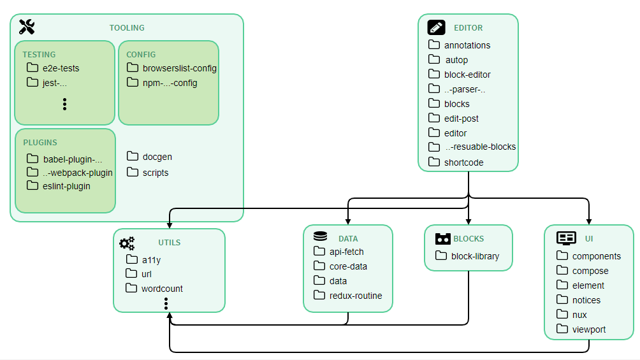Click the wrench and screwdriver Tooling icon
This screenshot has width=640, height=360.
pos(27,27)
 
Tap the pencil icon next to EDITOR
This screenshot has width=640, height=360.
pos(436,27)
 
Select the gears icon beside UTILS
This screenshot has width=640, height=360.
pos(127,243)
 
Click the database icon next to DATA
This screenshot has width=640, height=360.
pos(321,236)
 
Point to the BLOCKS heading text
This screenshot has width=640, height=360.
pos(469,239)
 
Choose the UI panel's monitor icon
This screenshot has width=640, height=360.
pos(566,238)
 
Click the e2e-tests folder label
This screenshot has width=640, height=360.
pos(61,68)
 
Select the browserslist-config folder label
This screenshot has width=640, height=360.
pos(180,68)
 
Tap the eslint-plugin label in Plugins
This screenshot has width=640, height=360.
pos(66,186)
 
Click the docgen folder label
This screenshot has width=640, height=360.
pos(157,157)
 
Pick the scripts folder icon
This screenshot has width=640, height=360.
pos(132,172)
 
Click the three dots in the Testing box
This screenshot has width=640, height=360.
pos(64,104)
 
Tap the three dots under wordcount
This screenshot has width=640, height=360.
pos(166,303)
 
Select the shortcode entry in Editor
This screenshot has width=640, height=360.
pos(463,162)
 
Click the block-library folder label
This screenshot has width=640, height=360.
pos(475,256)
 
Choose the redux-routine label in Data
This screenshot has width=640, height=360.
pos(356,296)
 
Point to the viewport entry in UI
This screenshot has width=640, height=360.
pos(588,330)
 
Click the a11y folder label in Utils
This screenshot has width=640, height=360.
pos(152,260)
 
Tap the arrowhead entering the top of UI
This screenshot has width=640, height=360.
pos(589,221)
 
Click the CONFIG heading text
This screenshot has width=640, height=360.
pos(141,55)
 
